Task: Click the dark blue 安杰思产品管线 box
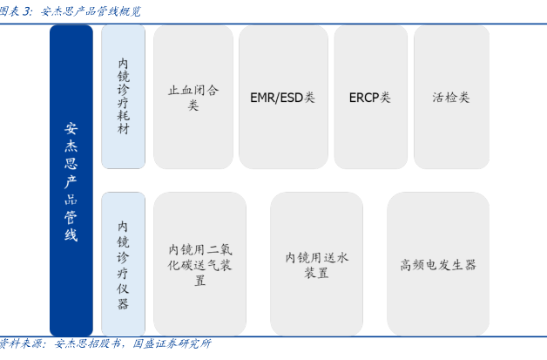tap(71, 180)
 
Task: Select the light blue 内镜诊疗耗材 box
tap(123, 97)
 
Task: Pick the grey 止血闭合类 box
tap(193, 97)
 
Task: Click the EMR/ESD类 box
tap(282, 97)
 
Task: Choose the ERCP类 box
tap(370, 97)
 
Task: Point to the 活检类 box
tap(451, 97)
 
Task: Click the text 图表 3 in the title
tap(17, 11)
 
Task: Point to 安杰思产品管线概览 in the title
tap(91, 11)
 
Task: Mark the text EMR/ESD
tap(275, 97)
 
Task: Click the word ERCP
tap(364, 97)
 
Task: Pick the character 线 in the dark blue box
tap(71, 234)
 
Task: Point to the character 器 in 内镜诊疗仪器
tap(123, 303)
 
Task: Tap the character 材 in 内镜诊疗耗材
tap(123, 129)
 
